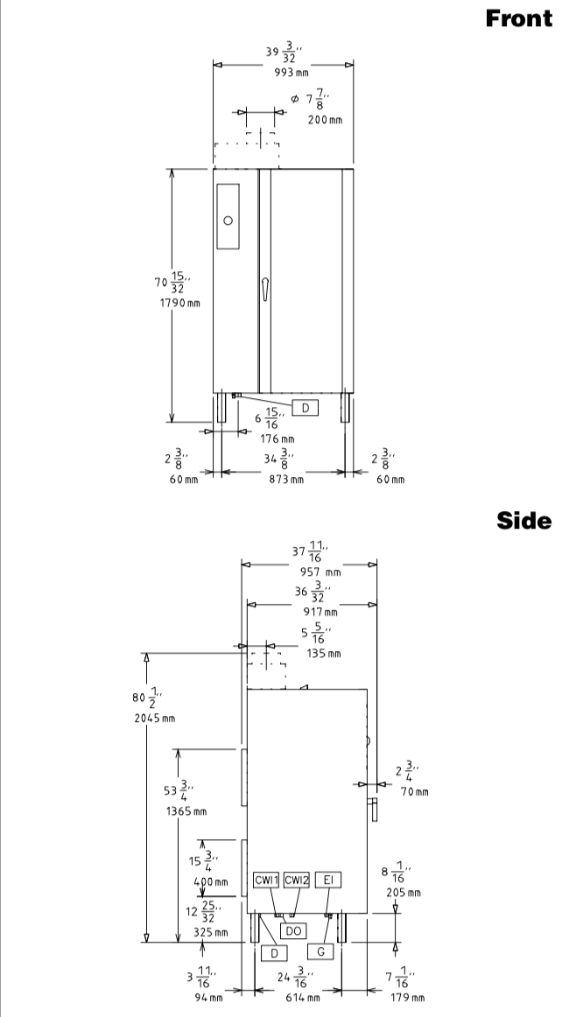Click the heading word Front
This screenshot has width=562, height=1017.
click(518, 18)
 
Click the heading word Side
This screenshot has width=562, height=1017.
click(524, 521)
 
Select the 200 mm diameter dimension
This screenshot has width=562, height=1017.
click(325, 119)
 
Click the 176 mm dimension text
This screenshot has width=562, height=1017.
click(277, 439)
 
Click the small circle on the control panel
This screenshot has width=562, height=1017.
click(228, 221)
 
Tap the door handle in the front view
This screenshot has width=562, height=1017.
click(264, 290)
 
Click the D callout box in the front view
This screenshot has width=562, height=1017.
click(305, 407)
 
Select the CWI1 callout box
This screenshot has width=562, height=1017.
click(266, 880)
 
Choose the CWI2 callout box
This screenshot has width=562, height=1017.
click(297, 880)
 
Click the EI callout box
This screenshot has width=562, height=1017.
click(328, 880)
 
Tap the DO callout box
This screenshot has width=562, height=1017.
click(293, 930)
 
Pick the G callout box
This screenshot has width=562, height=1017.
click(320, 951)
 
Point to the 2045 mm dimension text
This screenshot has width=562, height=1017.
click(154, 718)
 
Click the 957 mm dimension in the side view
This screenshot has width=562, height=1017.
click(320, 572)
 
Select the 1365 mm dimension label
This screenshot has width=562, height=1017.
click(186, 810)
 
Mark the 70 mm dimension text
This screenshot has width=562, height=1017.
click(414, 791)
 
